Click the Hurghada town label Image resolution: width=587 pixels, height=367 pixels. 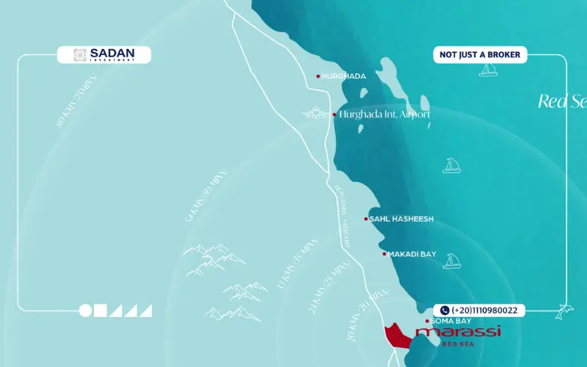[x=343, y=76]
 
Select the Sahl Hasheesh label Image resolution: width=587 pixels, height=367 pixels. [x=401, y=219]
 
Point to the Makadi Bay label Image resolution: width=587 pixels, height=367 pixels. [x=412, y=254]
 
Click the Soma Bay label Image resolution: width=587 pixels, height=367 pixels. [x=451, y=321]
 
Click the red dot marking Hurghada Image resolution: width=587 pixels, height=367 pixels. [x=318, y=76]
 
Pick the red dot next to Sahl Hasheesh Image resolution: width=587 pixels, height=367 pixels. [x=366, y=219]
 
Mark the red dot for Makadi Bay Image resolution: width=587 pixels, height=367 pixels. [x=384, y=254]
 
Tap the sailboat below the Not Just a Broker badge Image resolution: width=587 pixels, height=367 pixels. [x=487, y=70]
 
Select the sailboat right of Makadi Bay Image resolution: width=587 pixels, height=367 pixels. [x=451, y=261]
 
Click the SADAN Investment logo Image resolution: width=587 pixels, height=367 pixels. [x=104, y=55]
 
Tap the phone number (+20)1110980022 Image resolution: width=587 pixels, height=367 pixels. [x=480, y=310]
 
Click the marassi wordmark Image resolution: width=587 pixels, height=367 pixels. [x=459, y=333]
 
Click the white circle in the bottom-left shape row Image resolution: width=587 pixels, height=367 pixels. [x=86, y=310]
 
